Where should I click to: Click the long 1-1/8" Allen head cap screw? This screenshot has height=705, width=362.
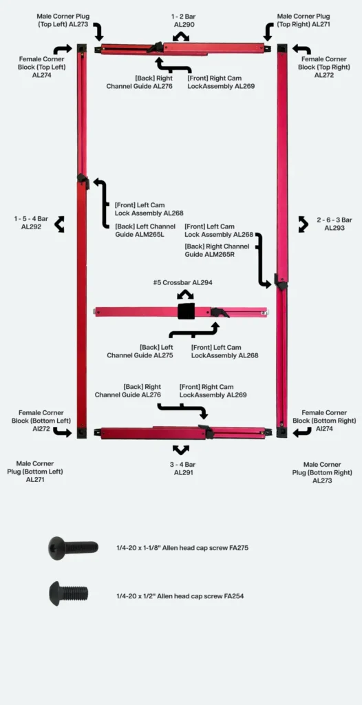pyautogui.click(x=73, y=547)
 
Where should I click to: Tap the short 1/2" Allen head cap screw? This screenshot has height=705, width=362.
pyautogui.click(x=68, y=593)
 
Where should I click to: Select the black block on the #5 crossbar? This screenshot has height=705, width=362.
pyautogui.click(x=187, y=311)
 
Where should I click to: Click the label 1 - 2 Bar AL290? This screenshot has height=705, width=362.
pyautogui.click(x=184, y=21)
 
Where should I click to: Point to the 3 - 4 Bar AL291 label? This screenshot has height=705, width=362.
pyautogui.click(x=184, y=468)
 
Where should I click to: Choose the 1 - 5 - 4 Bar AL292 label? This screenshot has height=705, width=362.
pyautogui.click(x=31, y=222)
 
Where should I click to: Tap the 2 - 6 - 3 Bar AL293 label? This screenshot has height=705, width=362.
pyautogui.click(x=334, y=224)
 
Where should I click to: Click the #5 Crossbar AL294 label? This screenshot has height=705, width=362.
pyautogui.click(x=182, y=283)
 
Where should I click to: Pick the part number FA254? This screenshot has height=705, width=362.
pyautogui.click(x=234, y=596)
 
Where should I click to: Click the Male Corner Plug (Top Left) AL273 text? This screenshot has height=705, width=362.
pyautogui.click(x=63, y=20)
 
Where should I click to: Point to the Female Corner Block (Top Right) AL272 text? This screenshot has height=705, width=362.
pyautogui.click(x=323, y=67)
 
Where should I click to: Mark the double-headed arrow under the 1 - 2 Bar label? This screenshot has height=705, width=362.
pyautogui.click(x=181, y=37)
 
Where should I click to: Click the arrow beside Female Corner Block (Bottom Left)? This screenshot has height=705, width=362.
pyautogui.click(x=62, y=432)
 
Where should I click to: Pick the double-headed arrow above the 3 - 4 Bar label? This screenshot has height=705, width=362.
pyautogui.click(x=181, y=450)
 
